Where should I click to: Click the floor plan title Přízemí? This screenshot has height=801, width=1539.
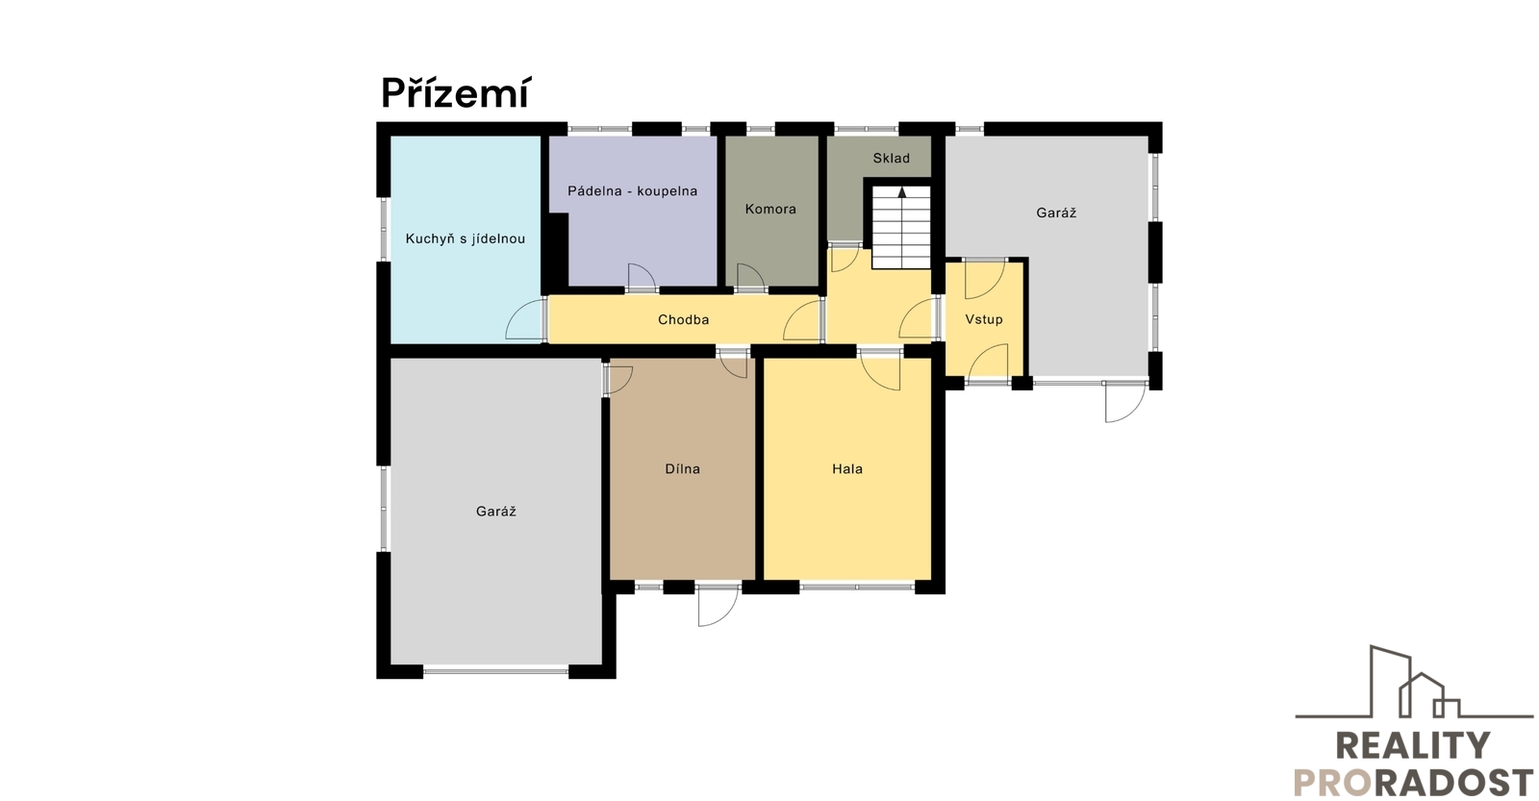tap(456, 93)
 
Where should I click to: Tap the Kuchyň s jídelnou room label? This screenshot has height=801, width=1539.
tap(466, 239)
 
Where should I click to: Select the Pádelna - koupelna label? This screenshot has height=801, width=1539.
tap(632, 191)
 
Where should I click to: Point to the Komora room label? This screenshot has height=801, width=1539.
tap(770, 209)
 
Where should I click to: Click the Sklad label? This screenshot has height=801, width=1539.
tap(891, 158)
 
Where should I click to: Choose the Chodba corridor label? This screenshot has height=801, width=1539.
tap(683, 319)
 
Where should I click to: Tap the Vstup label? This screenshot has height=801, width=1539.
tap(984, 319)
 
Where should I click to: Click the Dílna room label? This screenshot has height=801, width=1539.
tap(682, 469)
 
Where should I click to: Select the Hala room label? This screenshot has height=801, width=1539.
tap(847, 469)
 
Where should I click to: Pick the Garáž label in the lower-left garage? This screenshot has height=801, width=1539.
tap(495, 512)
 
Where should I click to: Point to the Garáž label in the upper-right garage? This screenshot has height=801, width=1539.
tap(1056, 213)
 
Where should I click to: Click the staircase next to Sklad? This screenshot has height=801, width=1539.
tap(901, 227)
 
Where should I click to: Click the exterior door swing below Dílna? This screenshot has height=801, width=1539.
tap(718, 605)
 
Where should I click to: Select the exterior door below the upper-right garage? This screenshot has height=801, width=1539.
tap(1125, 401)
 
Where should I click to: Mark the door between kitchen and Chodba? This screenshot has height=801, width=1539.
tap(525, 319)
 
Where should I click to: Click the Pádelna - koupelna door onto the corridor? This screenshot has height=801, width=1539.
tap(643, 277)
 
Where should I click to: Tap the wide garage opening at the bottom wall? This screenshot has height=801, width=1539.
tap(495, 671)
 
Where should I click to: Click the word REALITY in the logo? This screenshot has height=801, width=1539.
tap(1412, 745)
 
